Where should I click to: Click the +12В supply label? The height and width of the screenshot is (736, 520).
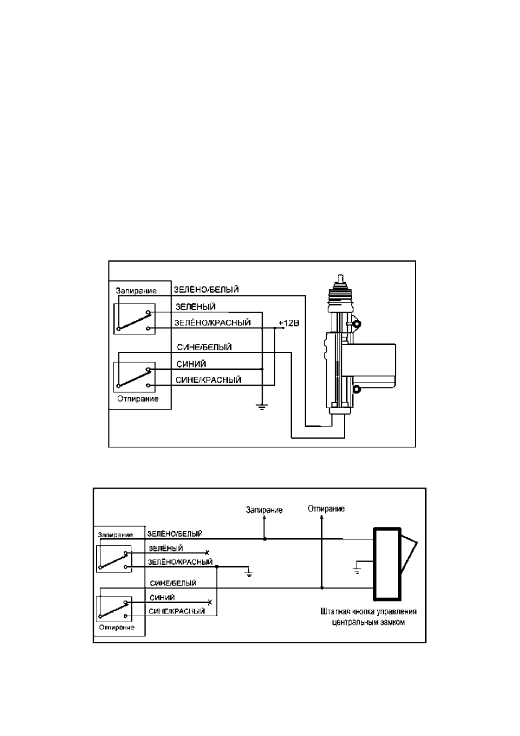pyautogui.click(x=289, y=323)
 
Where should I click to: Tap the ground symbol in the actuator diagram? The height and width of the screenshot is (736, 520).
pyautogui.click(x=262, y=407)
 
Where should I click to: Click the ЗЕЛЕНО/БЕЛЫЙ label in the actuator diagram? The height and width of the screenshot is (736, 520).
pyautogui.click(x=206, y=289)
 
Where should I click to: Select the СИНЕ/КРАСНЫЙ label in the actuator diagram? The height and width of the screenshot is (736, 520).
pyautogui.click(x=208, y=380)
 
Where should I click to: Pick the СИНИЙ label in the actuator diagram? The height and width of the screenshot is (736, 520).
pyautogui.click(x=191, y=364)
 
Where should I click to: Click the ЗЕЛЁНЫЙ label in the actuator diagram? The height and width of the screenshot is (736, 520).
pyautogui.click(x=195, y=307)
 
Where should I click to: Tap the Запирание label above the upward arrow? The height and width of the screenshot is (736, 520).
pyautogui.click(x=264, y=510)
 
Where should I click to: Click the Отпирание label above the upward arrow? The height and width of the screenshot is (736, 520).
pyautogui.click(x=326, y=509)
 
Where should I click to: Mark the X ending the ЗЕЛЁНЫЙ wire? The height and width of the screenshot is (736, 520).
pyautogui.click(x=207, y=552)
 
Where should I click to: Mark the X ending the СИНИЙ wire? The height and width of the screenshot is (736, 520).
pyautogui.click(x=210, y=603)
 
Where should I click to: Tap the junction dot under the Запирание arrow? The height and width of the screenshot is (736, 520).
pyautogui.click(x=264, y=539)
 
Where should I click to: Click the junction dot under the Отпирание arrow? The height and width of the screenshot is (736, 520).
pyautogui.click(x=322, y=587)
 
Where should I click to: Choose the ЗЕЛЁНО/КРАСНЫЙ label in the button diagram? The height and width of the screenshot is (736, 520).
pyautogui.click(x=180, y=562)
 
